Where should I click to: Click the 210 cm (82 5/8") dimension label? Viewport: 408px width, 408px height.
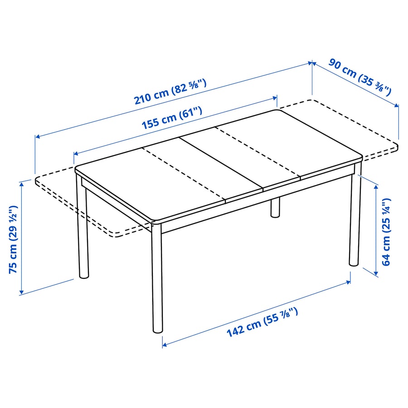click(x=170, y=92)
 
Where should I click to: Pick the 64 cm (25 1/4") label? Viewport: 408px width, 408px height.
click(x=386, y=232)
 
